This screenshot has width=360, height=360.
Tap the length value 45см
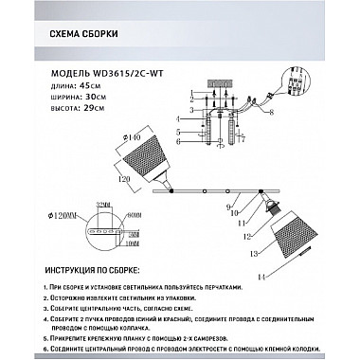(x=93, y=85)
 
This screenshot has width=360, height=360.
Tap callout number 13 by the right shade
(x=253, y=253)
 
